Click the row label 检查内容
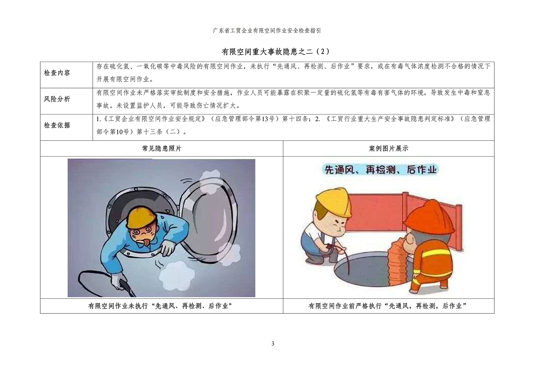[57, 73]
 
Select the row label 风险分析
[57, 99]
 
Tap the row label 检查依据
[57, 125]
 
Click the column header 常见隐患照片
[162, 149]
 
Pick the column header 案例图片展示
[389, 149]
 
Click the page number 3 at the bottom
[273, 344]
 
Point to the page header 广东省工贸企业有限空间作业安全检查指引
[267, 31]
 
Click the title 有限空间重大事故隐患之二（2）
[275, 52]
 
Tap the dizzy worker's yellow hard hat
[141, 217]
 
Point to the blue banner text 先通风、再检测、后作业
[381, 170]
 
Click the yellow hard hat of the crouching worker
[333, 203]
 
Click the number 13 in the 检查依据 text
[265, 119]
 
